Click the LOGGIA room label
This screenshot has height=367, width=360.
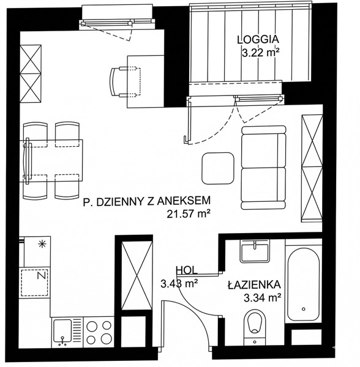coord(258,40)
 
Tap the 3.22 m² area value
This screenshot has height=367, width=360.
coord(261,53)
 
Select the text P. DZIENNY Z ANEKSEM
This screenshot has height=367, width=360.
coord(147,201)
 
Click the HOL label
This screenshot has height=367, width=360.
coord(187,270)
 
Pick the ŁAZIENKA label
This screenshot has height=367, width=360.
coord(254,285)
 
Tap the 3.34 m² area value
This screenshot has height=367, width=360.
coord(262,298)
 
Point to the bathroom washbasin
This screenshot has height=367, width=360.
coord(254,250)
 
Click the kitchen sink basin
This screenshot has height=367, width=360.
coord(62,330)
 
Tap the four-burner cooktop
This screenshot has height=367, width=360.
coord(99,332)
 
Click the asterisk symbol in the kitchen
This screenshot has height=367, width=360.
coord(42,244)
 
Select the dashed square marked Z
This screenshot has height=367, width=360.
coord(35,283)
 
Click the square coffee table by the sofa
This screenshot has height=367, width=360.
coord(218,168)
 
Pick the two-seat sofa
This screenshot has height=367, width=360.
coord(263,168)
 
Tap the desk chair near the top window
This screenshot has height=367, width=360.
coord(125,81)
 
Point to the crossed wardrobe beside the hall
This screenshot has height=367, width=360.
coord(137,276)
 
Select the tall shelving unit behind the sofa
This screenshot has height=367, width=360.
coord(312,168)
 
